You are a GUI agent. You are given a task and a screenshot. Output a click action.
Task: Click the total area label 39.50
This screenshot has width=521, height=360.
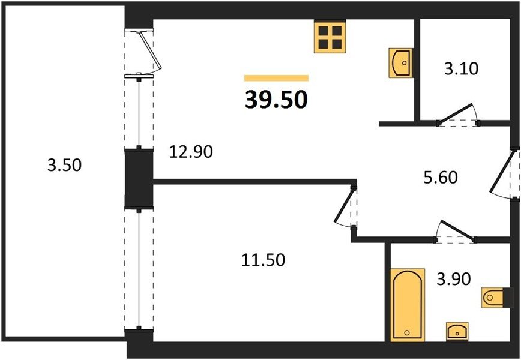tap(276, 100)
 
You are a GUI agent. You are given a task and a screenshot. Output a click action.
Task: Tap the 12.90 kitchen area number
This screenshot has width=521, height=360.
tap(191, 152)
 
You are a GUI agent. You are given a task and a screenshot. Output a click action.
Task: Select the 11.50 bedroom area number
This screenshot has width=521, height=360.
tap(263, 260)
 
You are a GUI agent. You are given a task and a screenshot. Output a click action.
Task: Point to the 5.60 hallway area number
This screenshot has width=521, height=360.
tap(441, 178)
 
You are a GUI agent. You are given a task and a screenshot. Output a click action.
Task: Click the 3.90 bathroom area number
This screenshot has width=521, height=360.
tap(454, 279)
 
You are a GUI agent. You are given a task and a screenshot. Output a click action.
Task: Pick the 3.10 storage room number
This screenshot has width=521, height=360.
tap(462, 69)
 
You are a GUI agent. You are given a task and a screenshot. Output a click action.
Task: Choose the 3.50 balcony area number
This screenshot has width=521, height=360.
tap(64, 165)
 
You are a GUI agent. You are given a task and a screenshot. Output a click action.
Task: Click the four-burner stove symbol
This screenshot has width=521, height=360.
tap(330, 36)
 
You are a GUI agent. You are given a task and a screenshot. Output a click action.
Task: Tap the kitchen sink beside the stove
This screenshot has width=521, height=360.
tap(400, 63)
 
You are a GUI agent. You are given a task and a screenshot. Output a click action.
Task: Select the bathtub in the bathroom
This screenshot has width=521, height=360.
tap(408, 305)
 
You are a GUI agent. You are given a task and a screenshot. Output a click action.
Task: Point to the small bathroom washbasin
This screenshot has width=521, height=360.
tap(457, 331)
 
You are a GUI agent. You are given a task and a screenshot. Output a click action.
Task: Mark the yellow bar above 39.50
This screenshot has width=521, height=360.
tap(277, 78)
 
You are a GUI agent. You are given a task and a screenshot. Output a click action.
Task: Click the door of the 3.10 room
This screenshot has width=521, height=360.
tap(455, 114)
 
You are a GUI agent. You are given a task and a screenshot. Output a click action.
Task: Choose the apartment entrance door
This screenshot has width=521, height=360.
tap(502, 172)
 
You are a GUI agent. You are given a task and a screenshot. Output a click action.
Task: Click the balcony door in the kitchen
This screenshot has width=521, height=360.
tap(149, 51)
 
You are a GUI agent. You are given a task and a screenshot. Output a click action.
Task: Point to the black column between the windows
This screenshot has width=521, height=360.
tap(139, 179)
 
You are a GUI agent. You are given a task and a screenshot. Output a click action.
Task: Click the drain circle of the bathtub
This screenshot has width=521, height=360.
tap(407, 332)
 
